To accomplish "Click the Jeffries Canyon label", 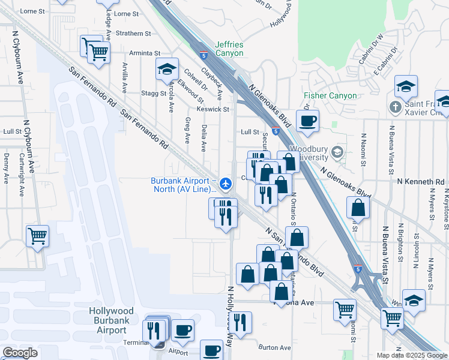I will pos(230,49).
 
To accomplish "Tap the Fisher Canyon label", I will pos(330,95).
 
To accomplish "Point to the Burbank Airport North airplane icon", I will pos(226,183).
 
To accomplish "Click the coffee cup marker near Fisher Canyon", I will pos(307,121).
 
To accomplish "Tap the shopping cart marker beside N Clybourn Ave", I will pos(37,236).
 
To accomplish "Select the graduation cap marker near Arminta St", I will pos(167,69).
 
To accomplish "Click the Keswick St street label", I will pos(213,109).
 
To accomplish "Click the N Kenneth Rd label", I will pos(421,181).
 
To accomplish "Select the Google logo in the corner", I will pos(20,353).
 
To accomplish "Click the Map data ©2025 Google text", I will pos(412,355).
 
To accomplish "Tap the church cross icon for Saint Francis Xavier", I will pos(395,107).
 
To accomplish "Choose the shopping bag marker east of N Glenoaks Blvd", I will pos(358,208).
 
